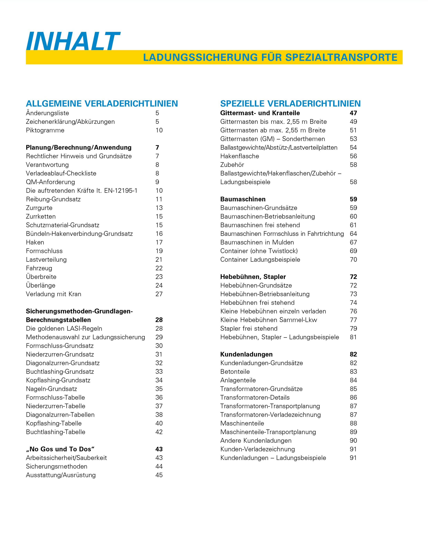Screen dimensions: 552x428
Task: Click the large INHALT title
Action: point(73,41)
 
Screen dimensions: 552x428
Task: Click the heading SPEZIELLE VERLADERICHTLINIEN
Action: point(290,104)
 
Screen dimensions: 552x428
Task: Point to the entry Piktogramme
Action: point(45,131)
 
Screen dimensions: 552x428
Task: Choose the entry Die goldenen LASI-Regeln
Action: point(64,329)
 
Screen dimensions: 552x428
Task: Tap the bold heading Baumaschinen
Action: point(243,199)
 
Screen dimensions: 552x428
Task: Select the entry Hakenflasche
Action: point(240,156)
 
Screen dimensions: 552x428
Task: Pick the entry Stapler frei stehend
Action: point(249,329)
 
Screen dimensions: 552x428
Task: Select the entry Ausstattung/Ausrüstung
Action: point(61,475)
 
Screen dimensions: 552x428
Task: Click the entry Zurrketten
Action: point(41,217)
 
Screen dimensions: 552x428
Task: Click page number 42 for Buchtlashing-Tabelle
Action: point(159,432)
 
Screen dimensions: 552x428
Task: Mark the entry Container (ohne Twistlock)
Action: point(259,251)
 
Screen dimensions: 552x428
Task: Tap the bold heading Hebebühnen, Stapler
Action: point(253,277)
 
